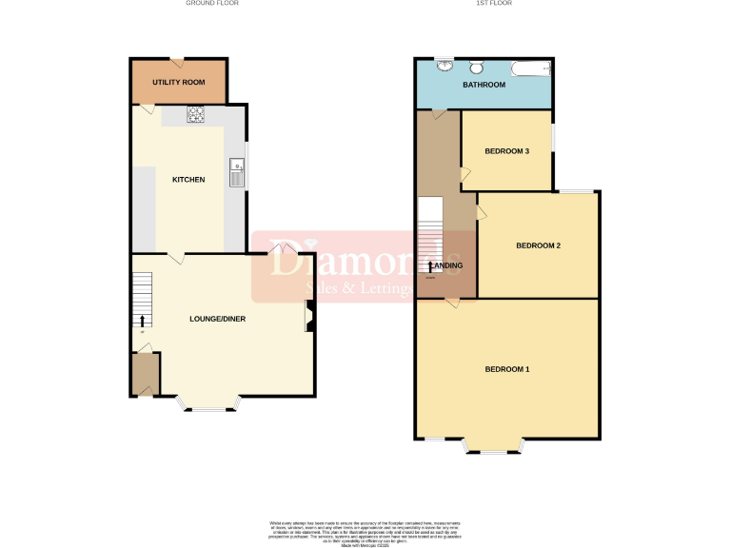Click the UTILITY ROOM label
179,83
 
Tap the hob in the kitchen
197,114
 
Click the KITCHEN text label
188,180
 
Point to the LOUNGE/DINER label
217,319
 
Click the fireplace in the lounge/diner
308,317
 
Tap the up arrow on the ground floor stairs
144,320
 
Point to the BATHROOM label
484,86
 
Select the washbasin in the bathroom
445,66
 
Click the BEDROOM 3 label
506,150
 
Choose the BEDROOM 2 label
538,245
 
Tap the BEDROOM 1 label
507,369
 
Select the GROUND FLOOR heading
212,4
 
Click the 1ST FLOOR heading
495,4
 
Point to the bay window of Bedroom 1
493,446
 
